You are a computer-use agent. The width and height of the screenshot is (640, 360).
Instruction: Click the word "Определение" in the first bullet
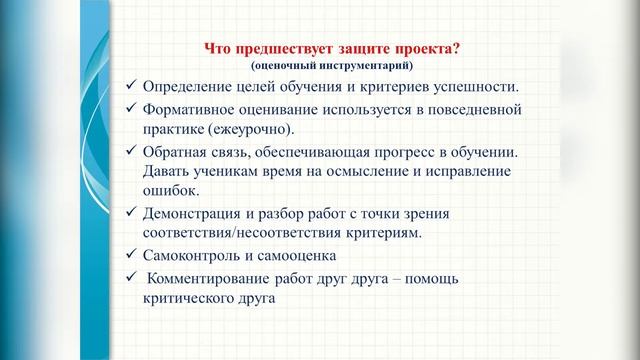(189, 87)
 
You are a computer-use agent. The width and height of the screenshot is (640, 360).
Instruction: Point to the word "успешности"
(475, 87)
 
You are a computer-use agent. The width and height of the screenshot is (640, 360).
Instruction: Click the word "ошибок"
(170, 191)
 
